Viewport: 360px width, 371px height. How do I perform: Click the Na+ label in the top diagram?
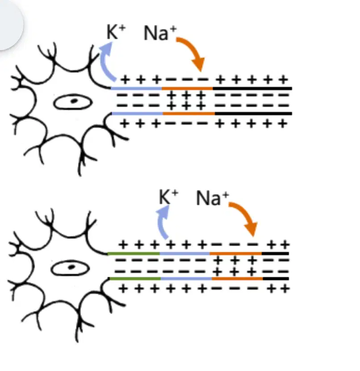click(160, 33)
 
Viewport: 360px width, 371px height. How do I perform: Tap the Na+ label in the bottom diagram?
click(213, 198)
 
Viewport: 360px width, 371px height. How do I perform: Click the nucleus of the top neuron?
click(73, 102)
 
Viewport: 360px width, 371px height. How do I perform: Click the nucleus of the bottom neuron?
click(70, 268)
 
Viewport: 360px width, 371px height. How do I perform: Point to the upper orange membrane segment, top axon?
click(187, 88)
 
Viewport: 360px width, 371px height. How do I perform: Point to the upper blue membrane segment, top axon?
click(136, 88)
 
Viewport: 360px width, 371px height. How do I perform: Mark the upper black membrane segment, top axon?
click(252, 88)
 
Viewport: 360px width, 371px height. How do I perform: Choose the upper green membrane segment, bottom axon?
click(134, 254)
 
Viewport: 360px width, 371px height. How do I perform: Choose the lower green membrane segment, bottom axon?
click(135, 279)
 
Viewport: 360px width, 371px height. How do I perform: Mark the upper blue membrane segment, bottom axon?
click(185, 254)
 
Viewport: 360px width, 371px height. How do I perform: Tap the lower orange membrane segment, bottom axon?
click(238, 279)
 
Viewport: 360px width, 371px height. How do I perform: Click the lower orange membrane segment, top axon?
click(188, 113)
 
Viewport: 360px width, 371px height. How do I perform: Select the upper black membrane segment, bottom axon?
click(275, 254)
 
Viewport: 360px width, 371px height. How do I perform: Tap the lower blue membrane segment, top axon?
click(137, 113)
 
